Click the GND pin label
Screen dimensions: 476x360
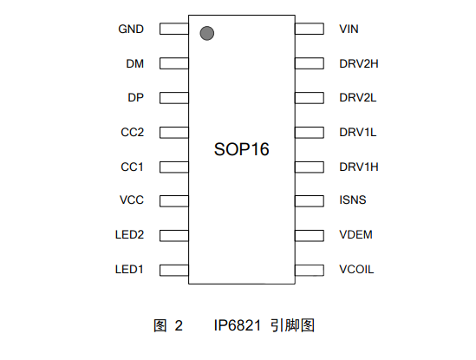click(131, 29)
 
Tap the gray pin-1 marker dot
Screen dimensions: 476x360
click(207, 33)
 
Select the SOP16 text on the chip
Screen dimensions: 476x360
click(242, 149)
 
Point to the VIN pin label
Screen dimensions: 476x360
click(349, 29)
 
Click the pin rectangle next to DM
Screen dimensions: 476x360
click(174, 63)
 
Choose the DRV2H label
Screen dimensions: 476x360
click(359, 64)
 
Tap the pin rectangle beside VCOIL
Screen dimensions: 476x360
click(310, 270)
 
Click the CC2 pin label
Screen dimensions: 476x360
click(132, 133)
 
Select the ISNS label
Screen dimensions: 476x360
click(353, 200)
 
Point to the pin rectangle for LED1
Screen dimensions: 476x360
click(174, 270)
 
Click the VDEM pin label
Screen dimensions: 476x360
click(355, 235)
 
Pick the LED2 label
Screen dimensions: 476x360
click(129, 235)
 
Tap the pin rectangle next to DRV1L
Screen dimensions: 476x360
click(310, 133)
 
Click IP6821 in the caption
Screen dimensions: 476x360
click(238, 325)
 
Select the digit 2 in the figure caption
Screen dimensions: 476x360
click(179, 325)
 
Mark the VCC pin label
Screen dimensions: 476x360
click(132, 200)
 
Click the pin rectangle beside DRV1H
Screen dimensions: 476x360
click(310, 167)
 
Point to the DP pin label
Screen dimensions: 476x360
click(135, 98)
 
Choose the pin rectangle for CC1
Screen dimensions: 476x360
click(174, 167)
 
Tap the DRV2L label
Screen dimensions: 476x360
click(358, 98)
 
